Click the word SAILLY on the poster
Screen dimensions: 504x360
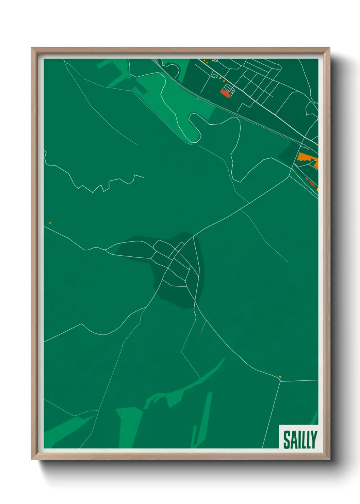pos(300,440)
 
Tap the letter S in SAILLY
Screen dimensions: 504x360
pos(287,440)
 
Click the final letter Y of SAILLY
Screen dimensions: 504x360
pos(314,440)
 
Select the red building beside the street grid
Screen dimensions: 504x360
pos(225,93)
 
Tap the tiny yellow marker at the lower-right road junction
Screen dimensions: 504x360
pos(280,377)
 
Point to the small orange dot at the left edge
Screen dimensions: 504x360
pos(50,223)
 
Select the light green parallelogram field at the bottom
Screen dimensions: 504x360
pos(129,426)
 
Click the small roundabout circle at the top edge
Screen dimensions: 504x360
pos(215,60)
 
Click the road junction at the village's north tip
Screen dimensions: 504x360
pos(193,236)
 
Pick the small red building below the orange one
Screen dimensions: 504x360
pos(311,184)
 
